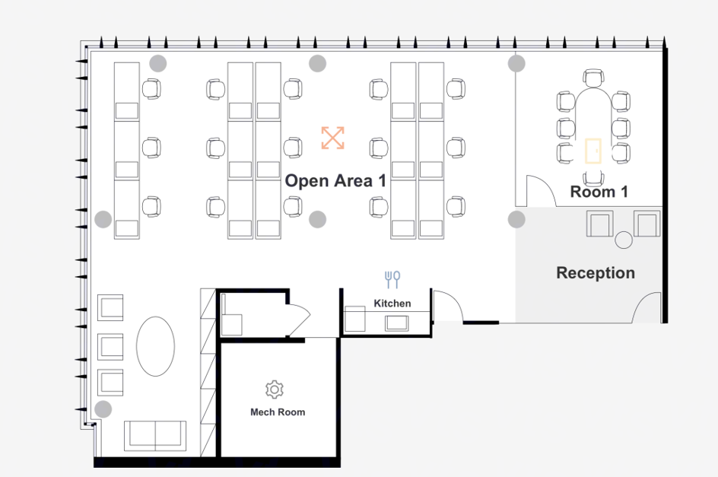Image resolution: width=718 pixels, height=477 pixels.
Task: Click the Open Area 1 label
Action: (x=335, y=181)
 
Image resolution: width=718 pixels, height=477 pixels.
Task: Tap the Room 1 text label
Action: (x=599, y=192)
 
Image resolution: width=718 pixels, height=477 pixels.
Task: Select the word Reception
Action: (x=595, y=272)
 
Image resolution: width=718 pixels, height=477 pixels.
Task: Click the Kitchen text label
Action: (x=392, y=304)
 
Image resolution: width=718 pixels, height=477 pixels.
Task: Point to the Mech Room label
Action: (x=278, y=412)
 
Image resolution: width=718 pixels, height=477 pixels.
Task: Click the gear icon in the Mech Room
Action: (x=274, y=390)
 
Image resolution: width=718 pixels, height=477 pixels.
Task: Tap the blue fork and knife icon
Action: (x=392, y=279)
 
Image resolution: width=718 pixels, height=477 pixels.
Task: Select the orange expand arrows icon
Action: (x=332, y=138)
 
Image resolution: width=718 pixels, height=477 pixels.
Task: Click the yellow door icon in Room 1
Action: (x=593, y=151)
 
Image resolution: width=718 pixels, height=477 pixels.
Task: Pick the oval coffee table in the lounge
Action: (x=155, y=346)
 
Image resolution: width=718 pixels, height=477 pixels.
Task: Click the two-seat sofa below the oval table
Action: (x=155, y=434)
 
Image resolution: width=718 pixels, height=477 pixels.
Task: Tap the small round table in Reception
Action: (x=624, y=240)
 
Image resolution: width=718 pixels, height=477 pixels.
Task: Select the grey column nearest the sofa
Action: (x=103, y=409)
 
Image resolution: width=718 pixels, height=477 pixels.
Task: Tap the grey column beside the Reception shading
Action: (x=516, y=220)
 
